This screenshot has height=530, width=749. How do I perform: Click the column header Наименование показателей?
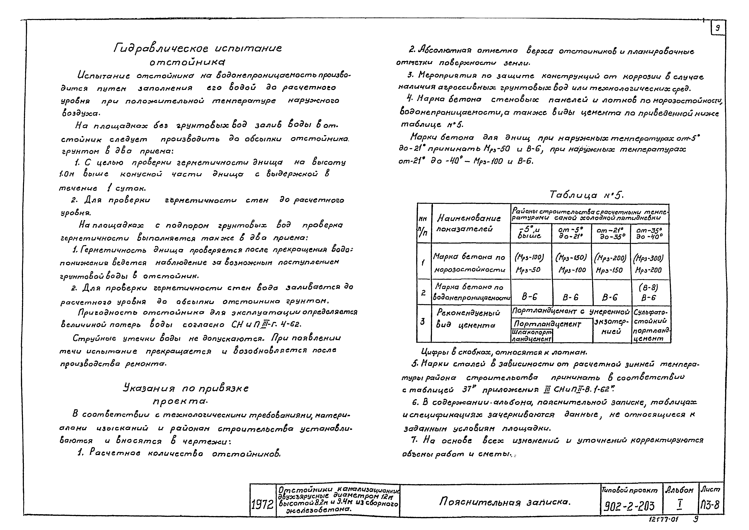[468, 223]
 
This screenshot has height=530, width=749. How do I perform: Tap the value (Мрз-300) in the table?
[648, 258]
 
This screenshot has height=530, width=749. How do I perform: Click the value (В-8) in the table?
[649, 287]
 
